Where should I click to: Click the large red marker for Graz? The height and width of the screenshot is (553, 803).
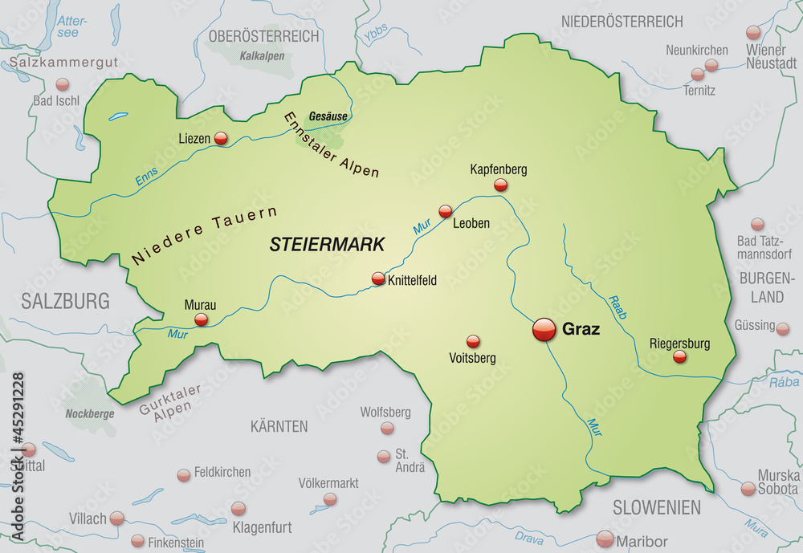[544, 329]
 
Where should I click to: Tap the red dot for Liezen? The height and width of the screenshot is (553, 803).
[221, 139]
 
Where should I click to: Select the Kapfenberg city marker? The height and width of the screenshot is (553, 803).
[501, 185]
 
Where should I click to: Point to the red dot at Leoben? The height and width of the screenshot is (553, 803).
[446, 212]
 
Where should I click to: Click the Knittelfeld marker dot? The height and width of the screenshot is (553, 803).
[378, 279]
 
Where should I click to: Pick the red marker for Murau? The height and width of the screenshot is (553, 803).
[201, 319]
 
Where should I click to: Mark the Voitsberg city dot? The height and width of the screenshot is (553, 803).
[473, 342]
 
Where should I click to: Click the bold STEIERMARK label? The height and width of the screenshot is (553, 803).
[327, 245]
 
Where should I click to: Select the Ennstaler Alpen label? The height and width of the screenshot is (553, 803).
[330, 145]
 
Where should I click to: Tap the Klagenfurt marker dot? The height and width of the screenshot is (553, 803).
[238, 509]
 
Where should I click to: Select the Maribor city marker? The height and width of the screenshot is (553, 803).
[605, 539]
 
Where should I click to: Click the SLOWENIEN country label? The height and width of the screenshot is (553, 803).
[657, 507]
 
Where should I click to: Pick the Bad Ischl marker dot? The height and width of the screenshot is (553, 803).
[62, 84]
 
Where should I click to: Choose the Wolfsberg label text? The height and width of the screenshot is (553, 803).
[385, 413]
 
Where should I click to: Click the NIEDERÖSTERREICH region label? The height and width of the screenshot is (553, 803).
[622, 22]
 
